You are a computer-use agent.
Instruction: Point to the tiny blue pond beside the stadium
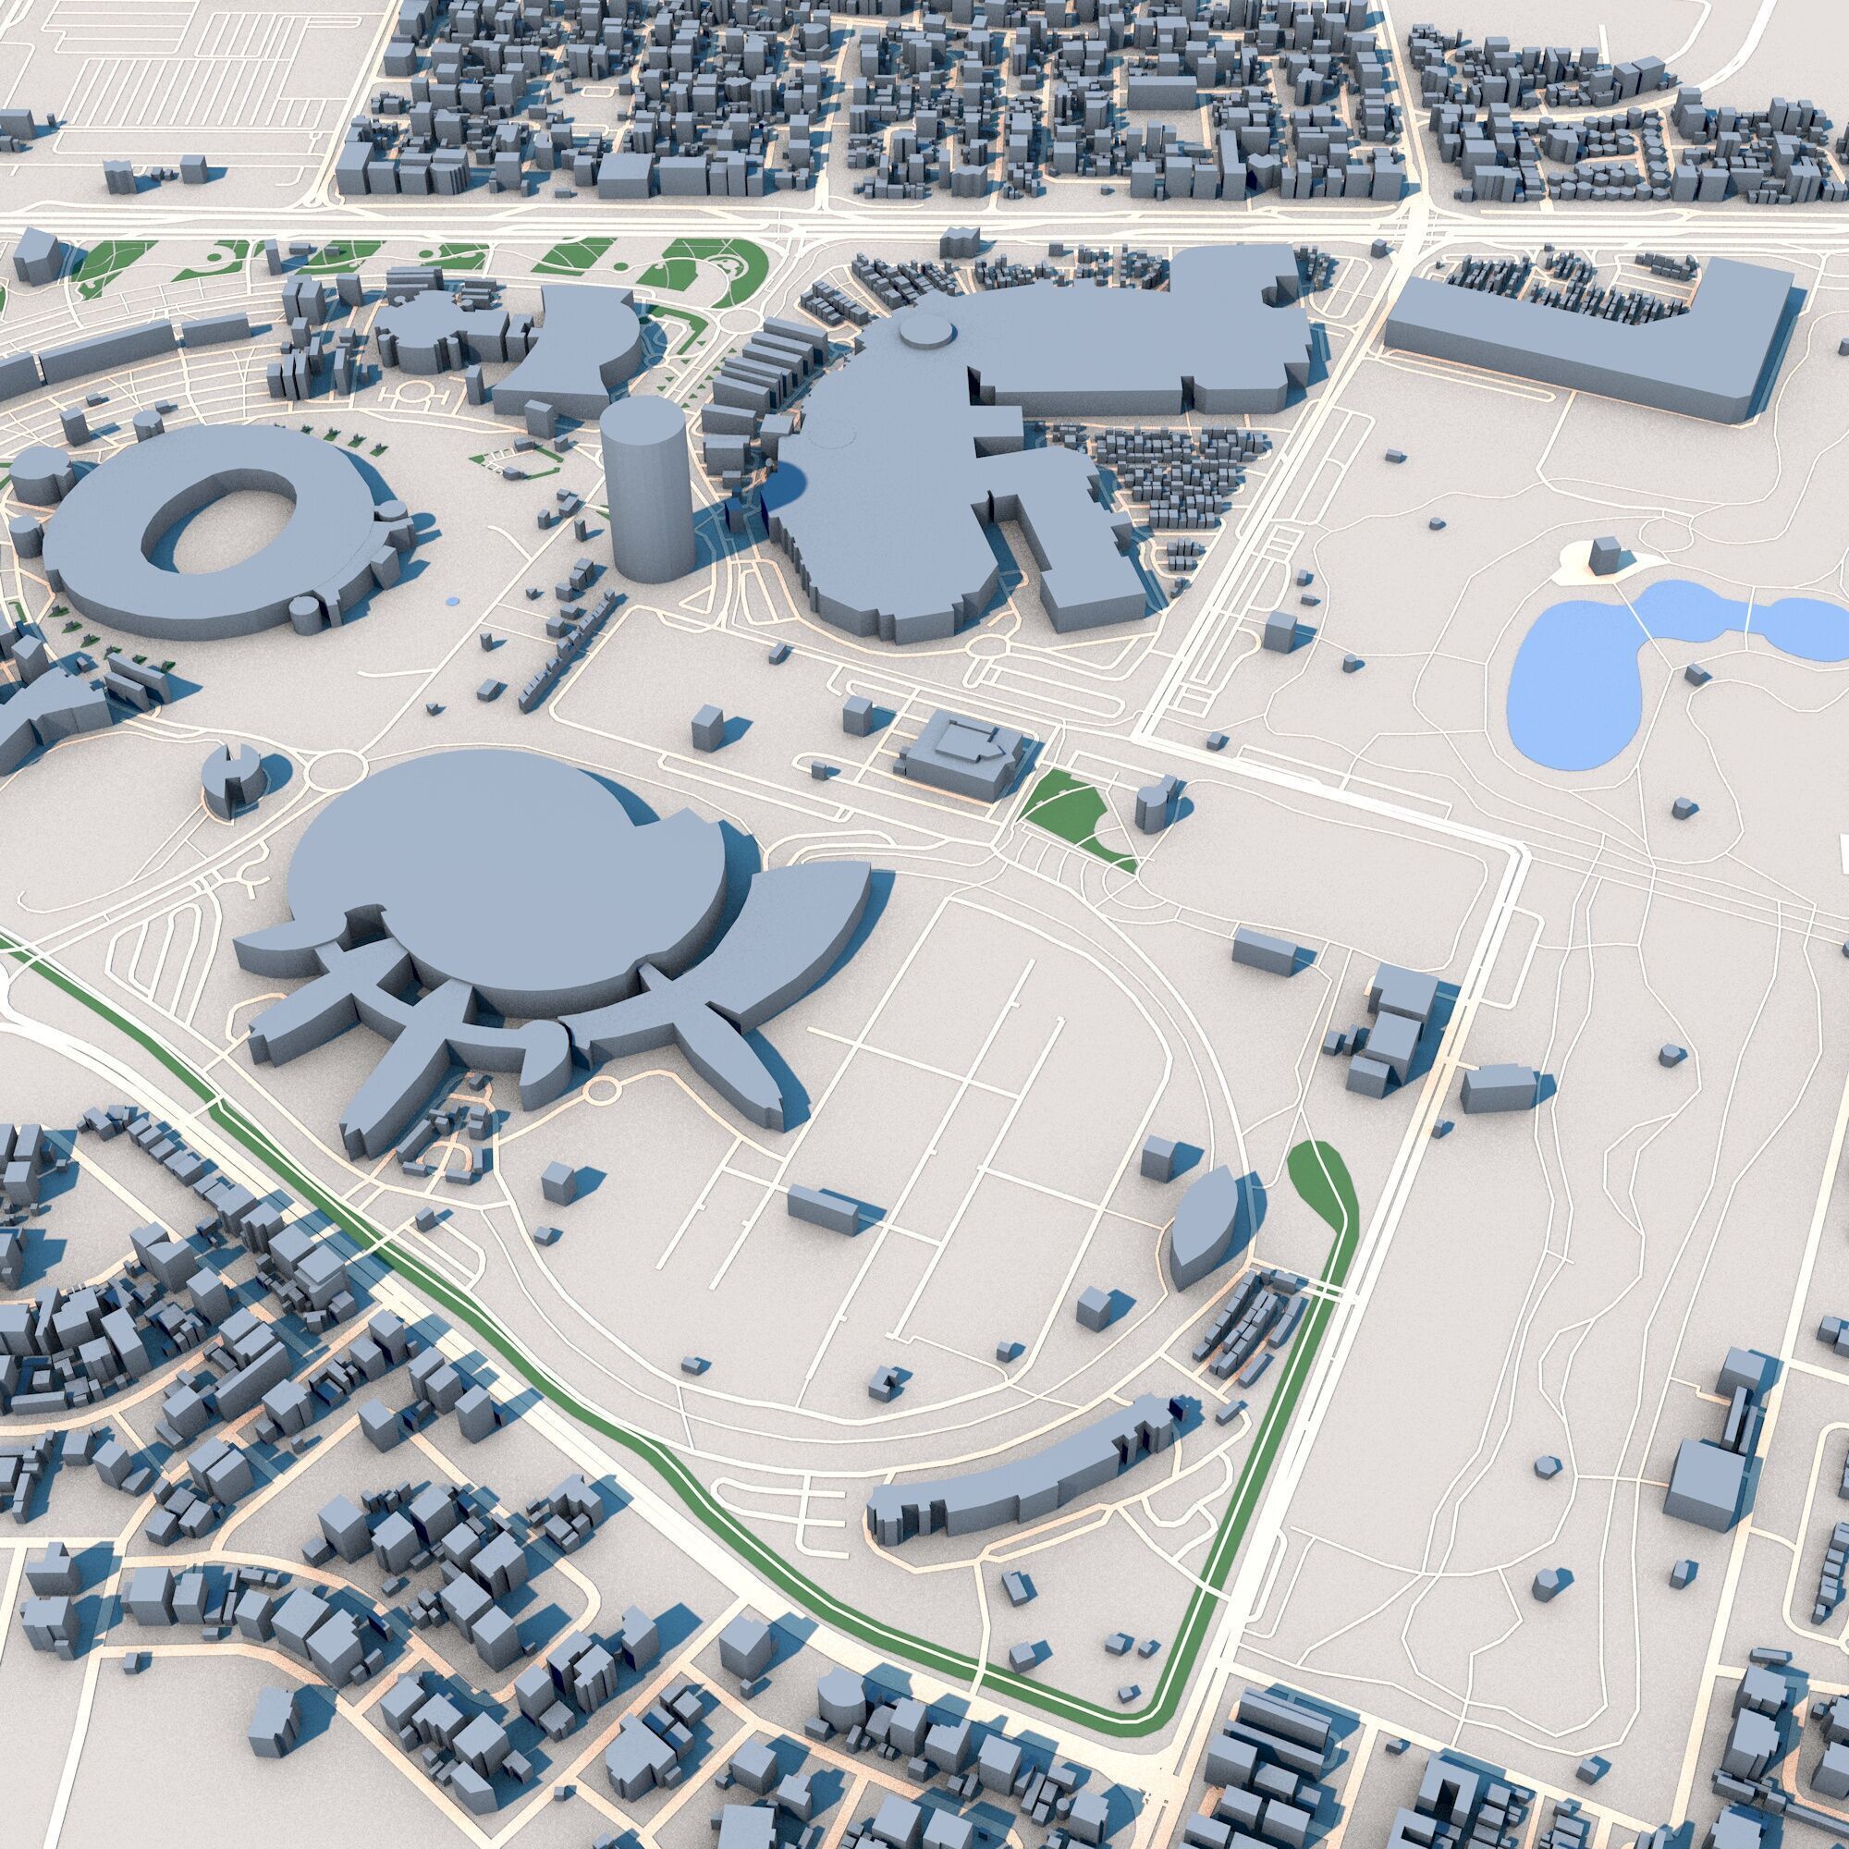point(452,601)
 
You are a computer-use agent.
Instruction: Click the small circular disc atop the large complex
point(926,331)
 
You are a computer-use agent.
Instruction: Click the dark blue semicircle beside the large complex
point(787,485)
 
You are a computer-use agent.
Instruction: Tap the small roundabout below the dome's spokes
point(604,1088)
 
